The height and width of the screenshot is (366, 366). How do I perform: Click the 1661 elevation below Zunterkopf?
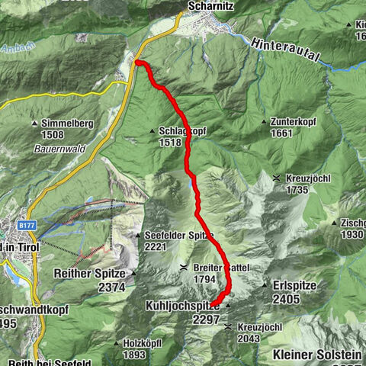pyautogui.click(x=281, y=132)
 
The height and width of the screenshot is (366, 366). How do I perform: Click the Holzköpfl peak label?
pyautogui.click(x=146, y=343)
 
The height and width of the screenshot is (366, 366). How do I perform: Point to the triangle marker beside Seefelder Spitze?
pyautogui.click(x=138, y=235)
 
